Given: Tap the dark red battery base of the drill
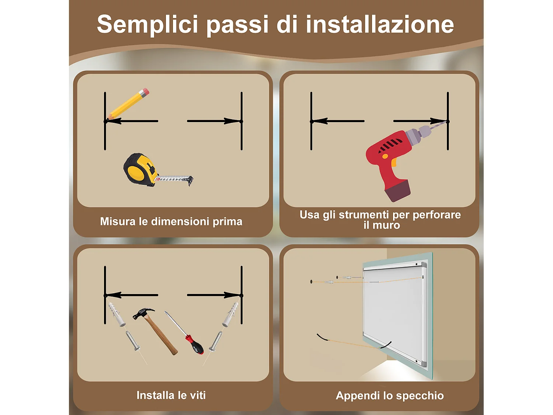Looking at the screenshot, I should click(x=397, y=190).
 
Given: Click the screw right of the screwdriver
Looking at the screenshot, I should click(x=216, y=341).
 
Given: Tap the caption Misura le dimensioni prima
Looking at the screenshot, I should click(x=171, y=221).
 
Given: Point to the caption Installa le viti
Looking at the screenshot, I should click(x=171, y=395).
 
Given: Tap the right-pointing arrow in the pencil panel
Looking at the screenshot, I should click(x=214, y=121).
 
